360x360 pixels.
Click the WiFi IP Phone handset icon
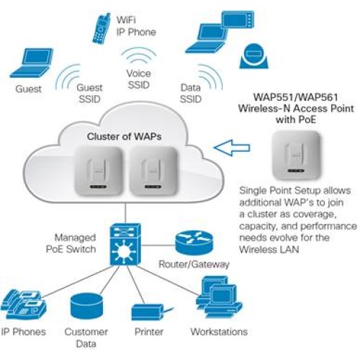102,29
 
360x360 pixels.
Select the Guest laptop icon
31,63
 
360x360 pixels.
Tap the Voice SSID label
139,79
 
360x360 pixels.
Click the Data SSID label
191,94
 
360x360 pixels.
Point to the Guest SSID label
89,94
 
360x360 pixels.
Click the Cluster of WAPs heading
124,136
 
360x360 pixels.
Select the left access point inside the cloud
99,171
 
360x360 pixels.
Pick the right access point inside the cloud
153,171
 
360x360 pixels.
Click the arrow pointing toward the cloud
232,148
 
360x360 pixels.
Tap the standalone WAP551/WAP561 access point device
297,156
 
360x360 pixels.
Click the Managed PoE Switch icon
125,244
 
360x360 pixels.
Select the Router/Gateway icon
194,243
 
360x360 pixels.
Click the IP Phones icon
24,305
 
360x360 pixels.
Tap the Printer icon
152,312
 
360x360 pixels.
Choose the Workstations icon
219,297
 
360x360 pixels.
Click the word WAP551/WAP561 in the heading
296,97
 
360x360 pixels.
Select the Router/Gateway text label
194,264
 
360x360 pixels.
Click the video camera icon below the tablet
254,56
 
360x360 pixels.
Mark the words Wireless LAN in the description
269,250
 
